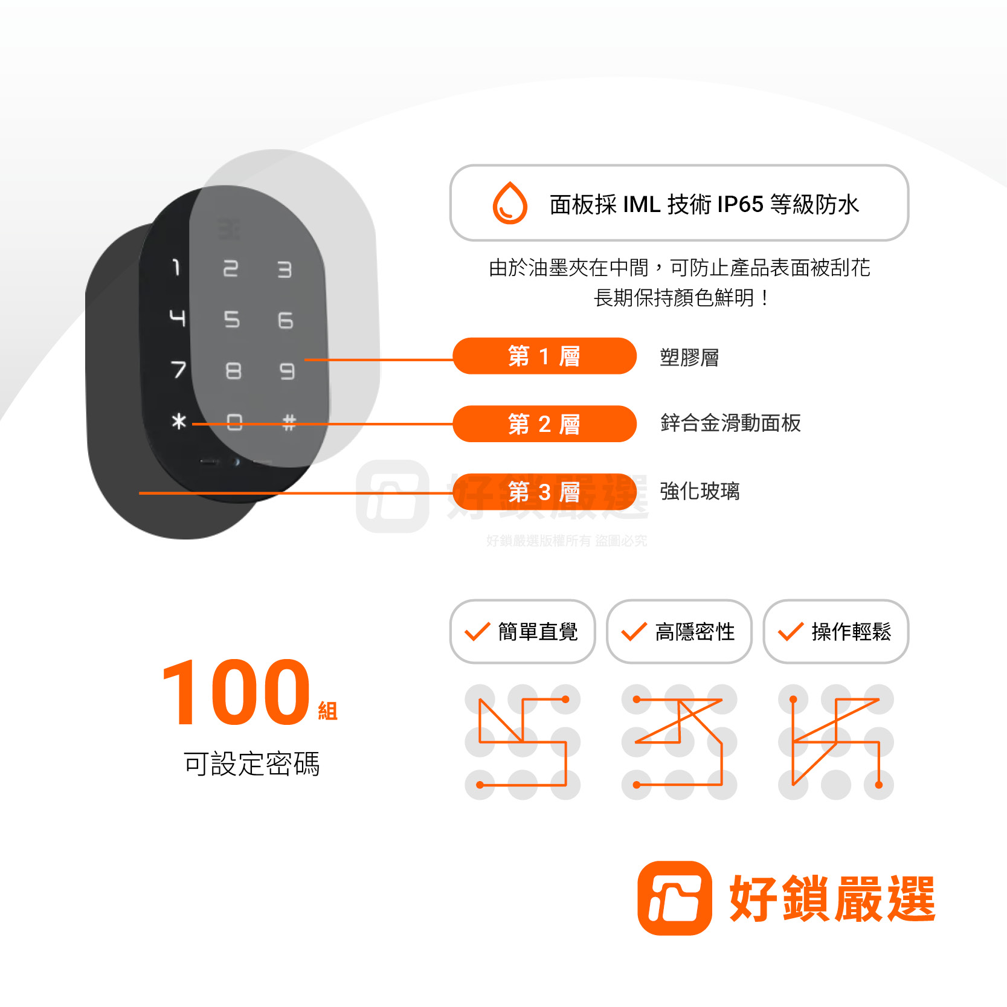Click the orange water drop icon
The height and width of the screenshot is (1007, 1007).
(510, 203)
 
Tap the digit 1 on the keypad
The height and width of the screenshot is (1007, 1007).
(176, 267)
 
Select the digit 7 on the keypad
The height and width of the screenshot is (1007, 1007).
(178, 369)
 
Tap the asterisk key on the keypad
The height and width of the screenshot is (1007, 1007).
(179, 420)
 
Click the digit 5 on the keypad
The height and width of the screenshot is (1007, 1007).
(232, 319)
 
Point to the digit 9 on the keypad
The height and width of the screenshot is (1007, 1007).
(288, 371)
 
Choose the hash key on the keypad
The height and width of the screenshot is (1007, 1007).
(289, 422)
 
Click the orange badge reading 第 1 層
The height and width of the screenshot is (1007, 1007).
(544, 356)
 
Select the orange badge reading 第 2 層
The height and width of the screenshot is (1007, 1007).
(544, 424)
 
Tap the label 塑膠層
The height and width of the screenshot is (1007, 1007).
(689, 358)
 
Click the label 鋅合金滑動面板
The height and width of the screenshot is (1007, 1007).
(730, 423)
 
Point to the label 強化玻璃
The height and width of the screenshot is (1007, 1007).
(700, 491)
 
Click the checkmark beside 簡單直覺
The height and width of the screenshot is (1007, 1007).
(477, 631)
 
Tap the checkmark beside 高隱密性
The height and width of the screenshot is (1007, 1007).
(634, 631)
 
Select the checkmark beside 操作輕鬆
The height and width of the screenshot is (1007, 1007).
(791, 631)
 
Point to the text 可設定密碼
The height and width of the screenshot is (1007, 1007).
(251, 764)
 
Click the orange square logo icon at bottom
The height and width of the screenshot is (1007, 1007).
(675, 898)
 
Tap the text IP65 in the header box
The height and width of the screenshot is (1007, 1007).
(741, 204)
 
